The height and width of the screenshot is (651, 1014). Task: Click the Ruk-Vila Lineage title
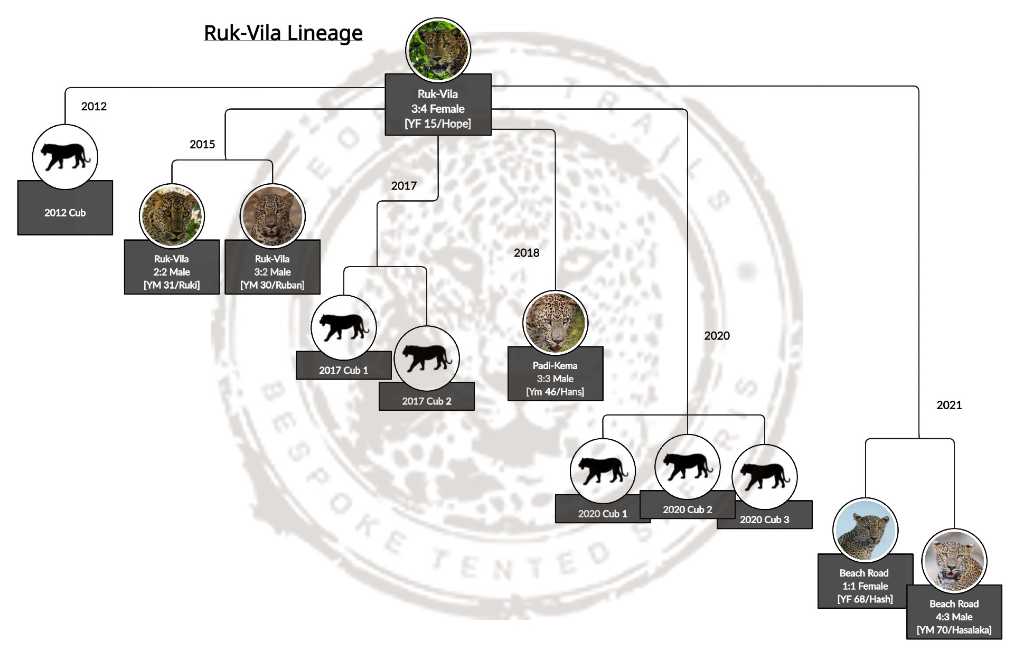point(283,33)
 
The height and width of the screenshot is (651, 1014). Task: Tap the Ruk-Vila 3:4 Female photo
point(438,50)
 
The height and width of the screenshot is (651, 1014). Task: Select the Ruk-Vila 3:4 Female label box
point(438,109)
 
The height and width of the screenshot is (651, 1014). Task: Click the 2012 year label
point(94,106)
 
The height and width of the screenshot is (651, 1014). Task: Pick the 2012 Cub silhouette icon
point(65,157)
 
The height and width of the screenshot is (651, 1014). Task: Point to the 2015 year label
point(202,144)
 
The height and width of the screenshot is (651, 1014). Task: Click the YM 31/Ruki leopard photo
point(172,216)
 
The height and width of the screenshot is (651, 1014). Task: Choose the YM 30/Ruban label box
point(272,272)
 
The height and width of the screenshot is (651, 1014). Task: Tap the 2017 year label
point(404,185)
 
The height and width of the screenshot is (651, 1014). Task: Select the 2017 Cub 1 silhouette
point(344,327)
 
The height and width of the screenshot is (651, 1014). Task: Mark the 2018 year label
point(527,252)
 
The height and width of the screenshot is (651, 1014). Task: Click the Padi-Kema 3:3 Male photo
point(555,323)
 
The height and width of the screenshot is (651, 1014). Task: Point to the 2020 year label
point(717,335)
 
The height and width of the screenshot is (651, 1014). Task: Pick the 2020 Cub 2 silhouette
point(687,467)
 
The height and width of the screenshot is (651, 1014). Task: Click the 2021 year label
point(949,405)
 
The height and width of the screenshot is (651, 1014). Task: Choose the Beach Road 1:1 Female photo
point(865,530)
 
